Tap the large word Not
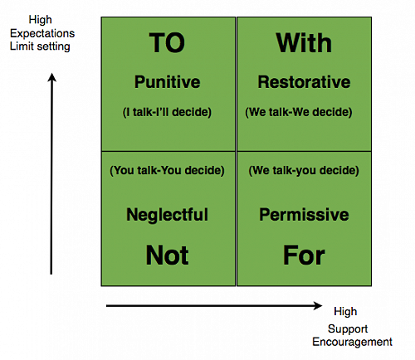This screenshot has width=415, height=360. pyautogui.click(x=167, y=255)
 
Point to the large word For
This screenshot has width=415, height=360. pyautogui.click(x=304, y=255)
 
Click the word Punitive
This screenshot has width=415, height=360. pyautogui.click(x=167, y=82)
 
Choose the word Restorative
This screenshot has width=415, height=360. pyautogui.click(x=304, y=82)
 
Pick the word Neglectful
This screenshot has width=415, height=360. pyautogui.click(x=167, y=215)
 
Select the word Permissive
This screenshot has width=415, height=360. pyautogui.click(x=304, y=215)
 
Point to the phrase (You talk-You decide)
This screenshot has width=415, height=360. pyautogui.click(x=167, y=171)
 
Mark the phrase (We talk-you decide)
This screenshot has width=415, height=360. pyautogui.click(x=304, y=171)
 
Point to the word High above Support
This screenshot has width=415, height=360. pyautogui.click(x=345, y=312)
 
